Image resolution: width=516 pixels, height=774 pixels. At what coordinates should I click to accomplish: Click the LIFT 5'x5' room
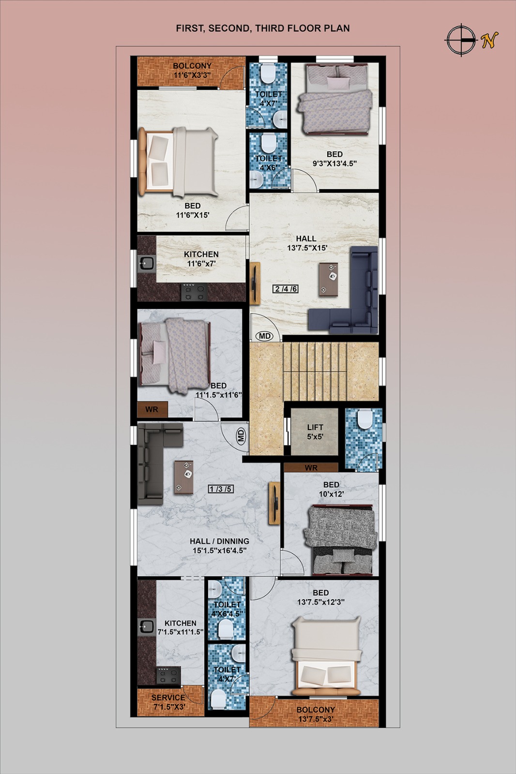tap(314, 432)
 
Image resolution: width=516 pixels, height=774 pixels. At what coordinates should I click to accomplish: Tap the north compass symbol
tap(461, 40)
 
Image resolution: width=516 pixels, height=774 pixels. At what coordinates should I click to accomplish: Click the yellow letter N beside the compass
tap(489, 40)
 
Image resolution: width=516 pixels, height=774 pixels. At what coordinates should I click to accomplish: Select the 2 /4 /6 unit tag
tap(286, 288)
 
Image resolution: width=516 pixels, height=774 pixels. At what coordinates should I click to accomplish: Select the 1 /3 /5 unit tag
tap(220, 489)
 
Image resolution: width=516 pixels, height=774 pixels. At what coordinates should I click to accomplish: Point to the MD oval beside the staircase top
tap(265, 336)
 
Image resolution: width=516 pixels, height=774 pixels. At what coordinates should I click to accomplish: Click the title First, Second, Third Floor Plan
tap(263, 29)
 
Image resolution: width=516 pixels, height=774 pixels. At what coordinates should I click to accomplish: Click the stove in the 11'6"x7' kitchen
tap(195, 292)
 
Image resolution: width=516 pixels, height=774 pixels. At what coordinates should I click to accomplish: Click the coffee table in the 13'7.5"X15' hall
tap(329, 279)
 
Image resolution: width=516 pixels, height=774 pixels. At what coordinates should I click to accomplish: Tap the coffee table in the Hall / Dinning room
tap(183, 477)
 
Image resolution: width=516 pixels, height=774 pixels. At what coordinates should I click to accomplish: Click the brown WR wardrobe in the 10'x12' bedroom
tap(311, 467)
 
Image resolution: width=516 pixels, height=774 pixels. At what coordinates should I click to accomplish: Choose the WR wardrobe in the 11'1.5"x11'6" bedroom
tap(152, 409)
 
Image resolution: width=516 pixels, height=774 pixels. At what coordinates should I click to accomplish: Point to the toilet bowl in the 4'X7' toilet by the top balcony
tap(268, 73)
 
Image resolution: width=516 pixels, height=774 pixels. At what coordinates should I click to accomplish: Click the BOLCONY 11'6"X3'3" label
tap(192, 70)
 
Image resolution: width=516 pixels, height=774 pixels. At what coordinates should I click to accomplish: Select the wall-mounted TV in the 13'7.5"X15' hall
tap(255, 283)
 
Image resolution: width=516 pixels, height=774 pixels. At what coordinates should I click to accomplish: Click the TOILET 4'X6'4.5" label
tap(227, 609)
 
